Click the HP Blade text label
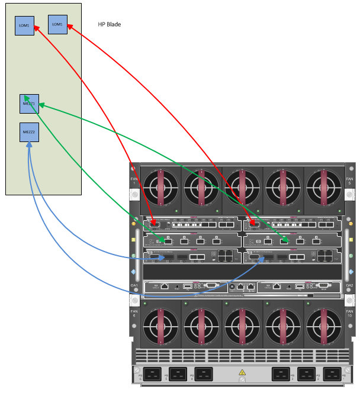coord(110,25)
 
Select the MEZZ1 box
coord(29,104)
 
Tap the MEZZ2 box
coord(29,132)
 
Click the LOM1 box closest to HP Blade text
coord(57,24)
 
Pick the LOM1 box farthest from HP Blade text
coord(24,26)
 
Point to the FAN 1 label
coord(134,181)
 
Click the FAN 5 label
coord(349,181)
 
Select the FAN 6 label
coord(134,313)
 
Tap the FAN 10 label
coord(349,313)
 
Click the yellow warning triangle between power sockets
coord(241,373)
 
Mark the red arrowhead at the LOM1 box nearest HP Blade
coord(70,25)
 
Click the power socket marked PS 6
coord(153,375)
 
